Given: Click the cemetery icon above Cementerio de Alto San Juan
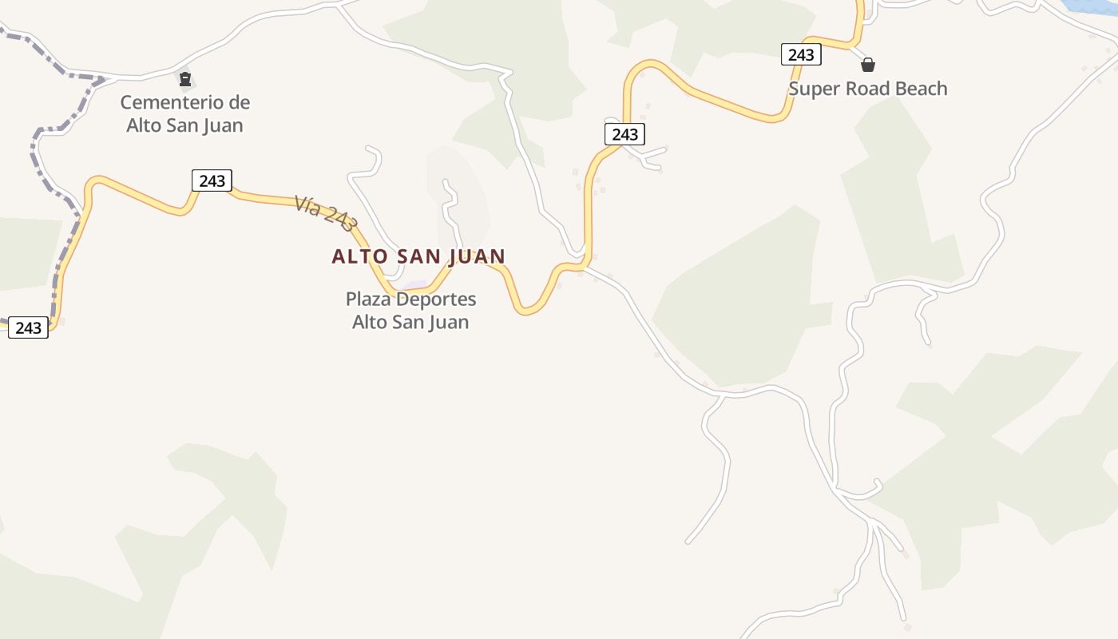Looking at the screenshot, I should coord(185,79).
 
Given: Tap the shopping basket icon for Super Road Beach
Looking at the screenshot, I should coord(868,65).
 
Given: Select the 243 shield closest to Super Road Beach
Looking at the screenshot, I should coord(800,54).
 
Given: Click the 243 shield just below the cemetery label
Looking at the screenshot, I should coord(212,181).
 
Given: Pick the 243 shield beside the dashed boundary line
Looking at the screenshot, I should coord(28,327).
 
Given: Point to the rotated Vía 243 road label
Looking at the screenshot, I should coord(324,213).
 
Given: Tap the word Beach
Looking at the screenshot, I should coord(921,89).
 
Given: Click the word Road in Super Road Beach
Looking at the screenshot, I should coord(864,89).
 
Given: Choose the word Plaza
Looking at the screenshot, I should coord(369,300).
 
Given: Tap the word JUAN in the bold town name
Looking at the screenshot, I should coord(477,256).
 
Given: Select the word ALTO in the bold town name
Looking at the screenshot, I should coord(359,256).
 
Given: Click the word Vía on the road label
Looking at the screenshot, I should coord(307,205).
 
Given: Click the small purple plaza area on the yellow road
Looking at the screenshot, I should coord(415,285).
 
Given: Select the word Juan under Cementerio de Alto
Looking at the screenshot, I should coord(222,125).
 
